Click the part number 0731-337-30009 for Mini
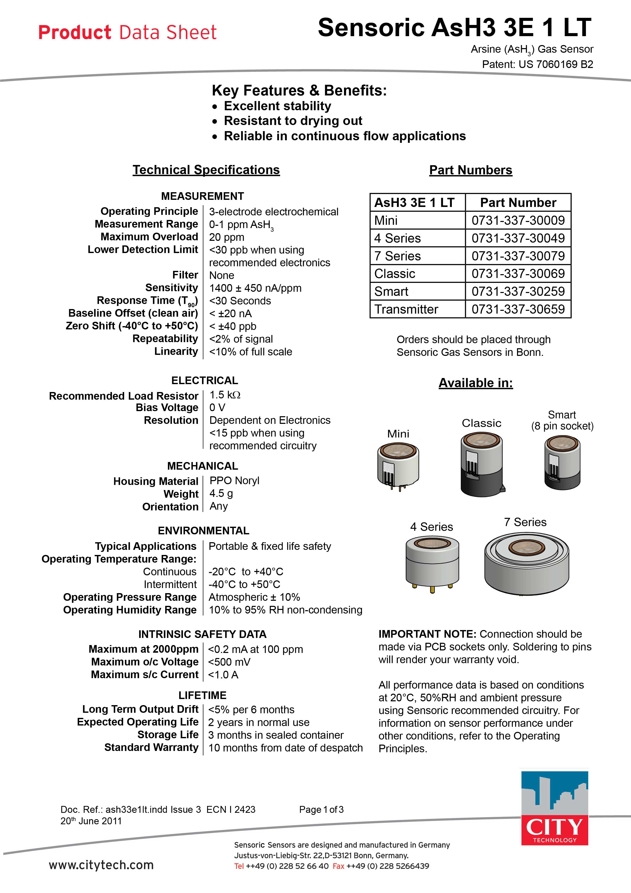[x=518, y=220]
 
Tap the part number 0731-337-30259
[x=518, y=291]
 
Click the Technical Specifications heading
[x=206, y=170]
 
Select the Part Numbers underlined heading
[x=470, y=170]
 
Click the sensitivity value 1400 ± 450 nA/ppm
[x=255, y=288]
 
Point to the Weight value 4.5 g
[x=221, y=494]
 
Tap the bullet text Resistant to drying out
[x=293, y=121]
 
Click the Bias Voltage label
[x=167, y=408]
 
